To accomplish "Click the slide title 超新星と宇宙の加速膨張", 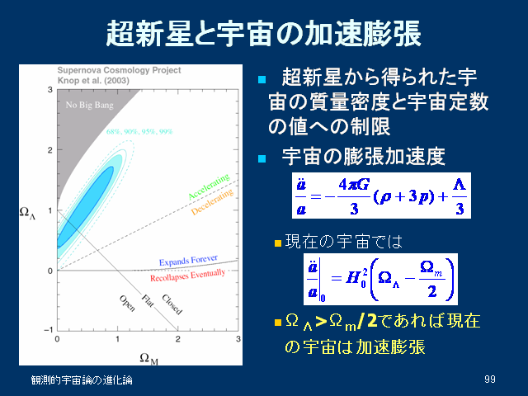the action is click(263, 33).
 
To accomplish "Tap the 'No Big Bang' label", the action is click(90, 105).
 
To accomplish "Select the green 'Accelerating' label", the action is click(209, 186).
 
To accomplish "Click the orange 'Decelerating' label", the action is click(212, 201).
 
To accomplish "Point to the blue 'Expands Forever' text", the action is click(188, 261).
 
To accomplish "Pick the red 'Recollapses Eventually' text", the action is click(187, 275).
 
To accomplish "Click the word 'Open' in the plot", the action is click(127, 303).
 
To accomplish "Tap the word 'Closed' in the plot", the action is click(172, 304).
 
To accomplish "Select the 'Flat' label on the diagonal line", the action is click(148, 300).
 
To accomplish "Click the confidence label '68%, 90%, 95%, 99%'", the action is click(139, 131).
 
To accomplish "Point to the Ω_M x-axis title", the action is click(148, 358).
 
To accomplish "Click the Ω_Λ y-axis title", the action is click(27, 213).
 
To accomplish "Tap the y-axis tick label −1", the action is click(49, 330).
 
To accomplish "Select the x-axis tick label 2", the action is click(178, 339).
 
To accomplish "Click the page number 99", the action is click(490, 379).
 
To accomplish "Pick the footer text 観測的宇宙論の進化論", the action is click(82, 379).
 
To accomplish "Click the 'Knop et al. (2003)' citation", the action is click(93, 81).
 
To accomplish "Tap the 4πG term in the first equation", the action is click(354, 185).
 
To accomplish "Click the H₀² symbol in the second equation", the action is click(356, 279).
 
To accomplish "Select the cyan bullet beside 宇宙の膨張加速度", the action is click(262, 158).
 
